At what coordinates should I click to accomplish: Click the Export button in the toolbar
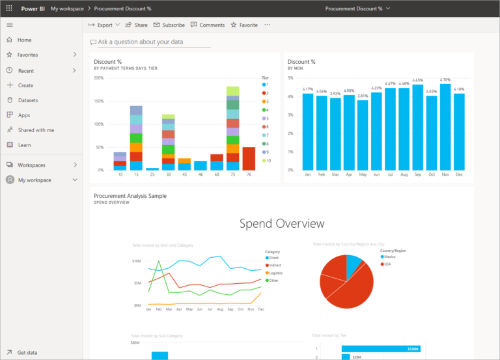coord(104,25)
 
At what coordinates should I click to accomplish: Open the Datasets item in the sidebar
coord(27,100)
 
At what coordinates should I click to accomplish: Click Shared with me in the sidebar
coord(36,130)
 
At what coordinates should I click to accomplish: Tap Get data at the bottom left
coord(27,352)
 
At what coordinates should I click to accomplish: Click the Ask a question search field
coord(154,42)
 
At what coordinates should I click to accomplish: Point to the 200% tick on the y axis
coord(99,78)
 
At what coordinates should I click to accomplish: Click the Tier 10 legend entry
coord(266,160)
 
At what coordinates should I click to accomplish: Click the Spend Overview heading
coord(281,224)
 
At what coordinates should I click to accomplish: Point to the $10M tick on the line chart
coord(137,261)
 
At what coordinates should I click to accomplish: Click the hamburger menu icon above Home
coord(9,24)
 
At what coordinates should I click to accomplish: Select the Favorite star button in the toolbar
coord(244,25)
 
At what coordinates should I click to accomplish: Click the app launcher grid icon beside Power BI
coord(9,8)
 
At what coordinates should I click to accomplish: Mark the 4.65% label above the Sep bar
coord(417,81)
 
